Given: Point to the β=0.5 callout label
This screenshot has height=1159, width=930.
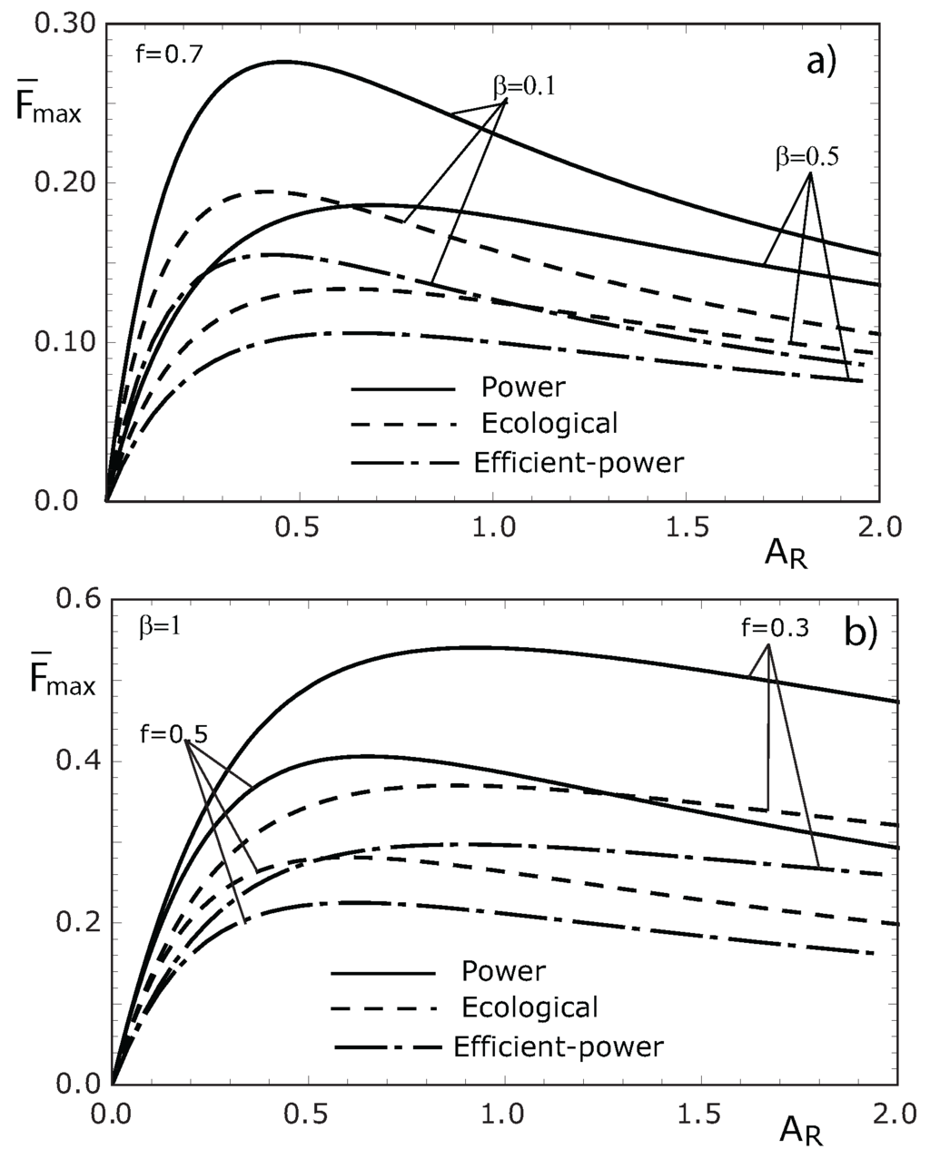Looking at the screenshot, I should pos(806,155).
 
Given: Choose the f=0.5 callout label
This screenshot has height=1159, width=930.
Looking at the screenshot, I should pos(173,733).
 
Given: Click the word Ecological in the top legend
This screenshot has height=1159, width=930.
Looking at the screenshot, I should pos(549,424).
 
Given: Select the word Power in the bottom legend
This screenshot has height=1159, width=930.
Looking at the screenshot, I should pos(503,972).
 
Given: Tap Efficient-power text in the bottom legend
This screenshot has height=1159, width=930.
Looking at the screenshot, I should pos(558,1047).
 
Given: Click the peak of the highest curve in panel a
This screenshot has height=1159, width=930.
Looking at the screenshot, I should pos(283,62).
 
